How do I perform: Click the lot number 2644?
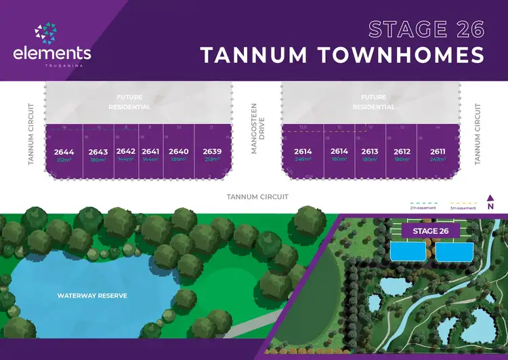tap(64, 152)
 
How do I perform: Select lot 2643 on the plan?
tap(98, 152)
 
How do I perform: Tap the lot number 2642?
tap(126, 152)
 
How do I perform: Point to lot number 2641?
tap(150, 152)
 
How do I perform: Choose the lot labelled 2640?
tap(178, 152)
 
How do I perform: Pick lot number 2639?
tap(212, 152)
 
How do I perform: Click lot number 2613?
tap(370, 152)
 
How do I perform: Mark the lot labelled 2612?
tap(402, 152)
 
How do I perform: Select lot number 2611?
tap(438, 152)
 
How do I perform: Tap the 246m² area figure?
tap(302, 160)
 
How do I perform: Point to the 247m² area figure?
tap(438, 160)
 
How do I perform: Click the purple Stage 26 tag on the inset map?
tap(431, 231)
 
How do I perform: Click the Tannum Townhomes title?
tap(342, 55)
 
